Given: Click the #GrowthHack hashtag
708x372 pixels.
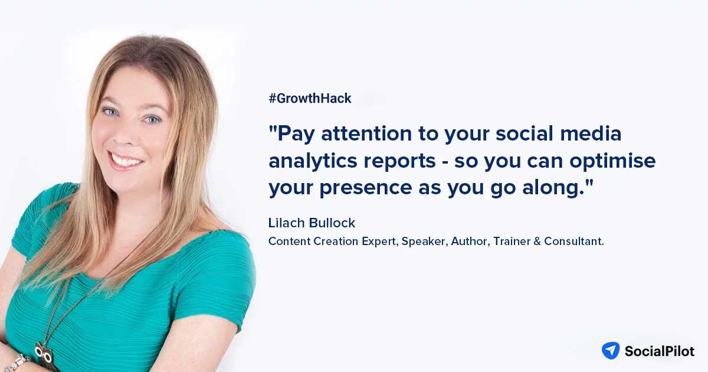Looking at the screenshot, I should (x=310, y=99).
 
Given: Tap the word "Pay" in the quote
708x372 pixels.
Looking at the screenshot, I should (x=294, y=135).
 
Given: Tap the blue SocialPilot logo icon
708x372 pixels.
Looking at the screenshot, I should (x=610, y=350).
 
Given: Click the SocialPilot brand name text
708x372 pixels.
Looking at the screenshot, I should (x=660, y=351).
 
